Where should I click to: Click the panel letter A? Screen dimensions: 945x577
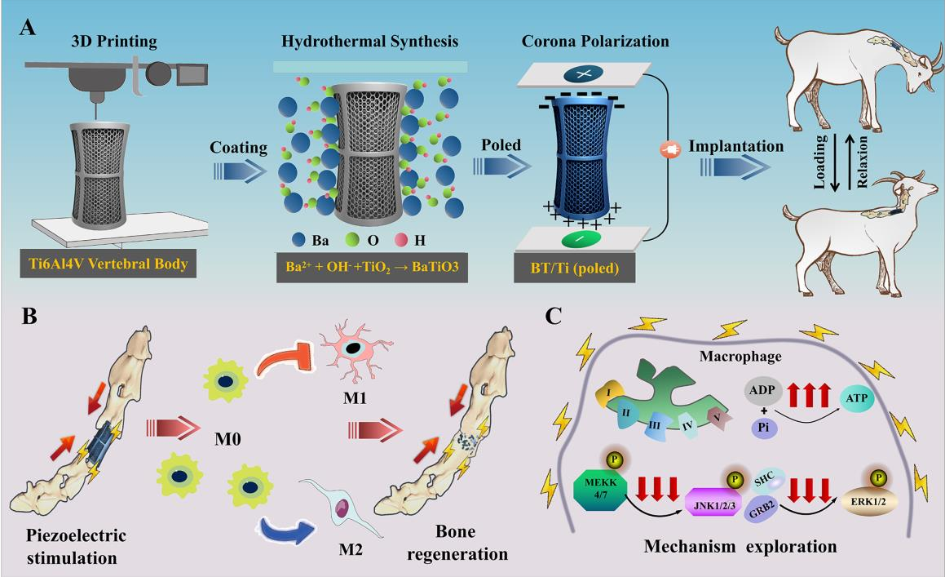(28, 28)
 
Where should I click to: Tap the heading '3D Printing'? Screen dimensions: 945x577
(114, 41)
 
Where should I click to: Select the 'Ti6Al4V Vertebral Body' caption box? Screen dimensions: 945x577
(108, 264)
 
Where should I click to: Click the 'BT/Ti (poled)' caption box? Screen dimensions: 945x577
(575, 268)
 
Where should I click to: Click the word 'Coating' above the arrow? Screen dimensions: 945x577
(239, 148)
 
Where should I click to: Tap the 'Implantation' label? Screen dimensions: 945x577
(736, 146)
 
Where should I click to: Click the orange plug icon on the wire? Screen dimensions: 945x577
(670, 149)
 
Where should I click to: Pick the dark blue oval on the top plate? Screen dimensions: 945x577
(584, 74)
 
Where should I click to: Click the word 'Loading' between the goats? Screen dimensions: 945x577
(819, 162)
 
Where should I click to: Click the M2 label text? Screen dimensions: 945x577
(351, 549)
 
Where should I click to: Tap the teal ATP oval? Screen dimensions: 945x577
(856, 398)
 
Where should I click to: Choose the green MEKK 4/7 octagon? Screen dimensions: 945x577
(601, 489)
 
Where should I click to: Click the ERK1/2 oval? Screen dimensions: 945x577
(868, 502)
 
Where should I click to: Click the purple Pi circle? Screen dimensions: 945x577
(764, 428)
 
